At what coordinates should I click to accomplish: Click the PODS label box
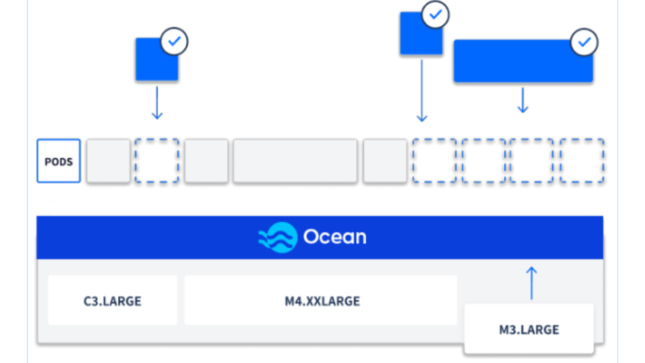[59, 161]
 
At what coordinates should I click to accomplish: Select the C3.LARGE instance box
[112, 300]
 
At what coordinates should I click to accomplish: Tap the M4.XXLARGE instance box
[321, 300]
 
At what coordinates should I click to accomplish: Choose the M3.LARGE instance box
[529, 329]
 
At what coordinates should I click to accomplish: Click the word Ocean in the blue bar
[334, 237]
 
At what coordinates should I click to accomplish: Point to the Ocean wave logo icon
[278, 237]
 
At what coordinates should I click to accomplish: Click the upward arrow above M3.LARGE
[531, 282]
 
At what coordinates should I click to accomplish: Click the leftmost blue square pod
[156, 59]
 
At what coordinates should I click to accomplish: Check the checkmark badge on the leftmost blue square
[174, 41]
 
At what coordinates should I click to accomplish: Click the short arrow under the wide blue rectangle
[522, 100]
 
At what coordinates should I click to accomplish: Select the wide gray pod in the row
[295, 161]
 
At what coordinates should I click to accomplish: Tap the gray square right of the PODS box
[108, 161]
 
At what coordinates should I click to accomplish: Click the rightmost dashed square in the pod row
[582, 161]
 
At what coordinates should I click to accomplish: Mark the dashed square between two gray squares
[157, 161]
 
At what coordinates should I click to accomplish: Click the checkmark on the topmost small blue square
[436, 15]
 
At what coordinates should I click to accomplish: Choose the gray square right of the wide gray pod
[385, 161]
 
